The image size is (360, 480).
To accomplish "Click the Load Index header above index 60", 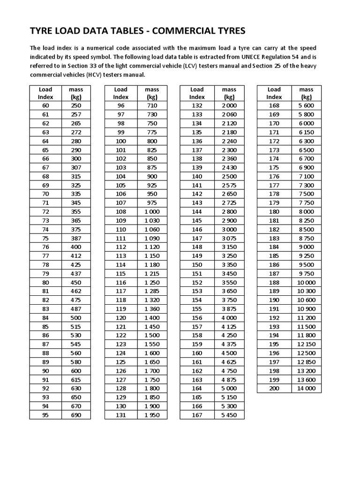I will click(45, 93).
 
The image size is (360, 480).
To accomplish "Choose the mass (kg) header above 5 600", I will click(306, 93).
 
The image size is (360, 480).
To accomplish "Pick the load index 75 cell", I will click(45, 238).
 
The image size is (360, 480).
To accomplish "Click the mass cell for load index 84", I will click(76, 318).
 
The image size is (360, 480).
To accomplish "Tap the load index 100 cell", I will click(121, 141).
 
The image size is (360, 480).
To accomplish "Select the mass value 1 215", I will click(152, 273).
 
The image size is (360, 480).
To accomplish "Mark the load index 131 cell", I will click(121, 415).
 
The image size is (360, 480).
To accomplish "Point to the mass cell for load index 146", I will click(229, 229).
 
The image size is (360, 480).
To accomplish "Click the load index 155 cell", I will click(197, 309).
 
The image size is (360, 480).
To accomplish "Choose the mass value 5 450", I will click(229, 415).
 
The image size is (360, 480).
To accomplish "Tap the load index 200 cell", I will click(274, 388).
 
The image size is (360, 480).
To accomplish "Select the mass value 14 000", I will click(306, 388).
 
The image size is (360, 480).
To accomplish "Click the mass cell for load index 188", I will click(306, 282).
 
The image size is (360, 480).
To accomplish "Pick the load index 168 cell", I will click(274, 105).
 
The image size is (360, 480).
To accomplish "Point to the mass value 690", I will click(76, 415).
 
